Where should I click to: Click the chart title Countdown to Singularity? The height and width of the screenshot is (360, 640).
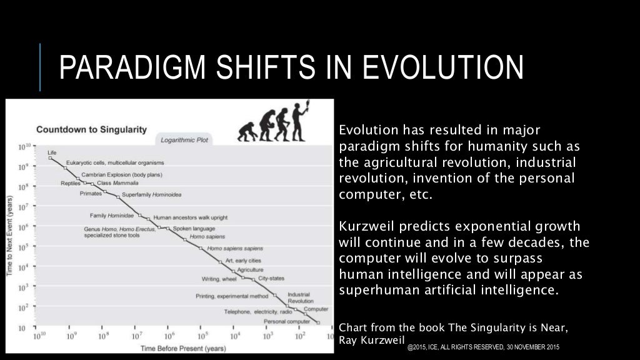pos(91,130)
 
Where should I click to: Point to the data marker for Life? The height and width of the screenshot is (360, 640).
pos(50,158)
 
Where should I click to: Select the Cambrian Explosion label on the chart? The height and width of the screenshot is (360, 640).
pos(117,174)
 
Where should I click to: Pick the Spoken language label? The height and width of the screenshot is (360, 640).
pos(190,228)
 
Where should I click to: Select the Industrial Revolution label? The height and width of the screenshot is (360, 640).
pos(300,297)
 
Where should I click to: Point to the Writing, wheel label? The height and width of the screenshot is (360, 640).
pos(219,279)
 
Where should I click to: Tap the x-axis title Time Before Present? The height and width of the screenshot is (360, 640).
pos(173,347)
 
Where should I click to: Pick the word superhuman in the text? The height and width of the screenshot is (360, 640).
pos(369,291)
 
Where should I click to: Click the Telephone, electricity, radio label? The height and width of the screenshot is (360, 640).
pos(257,311)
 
